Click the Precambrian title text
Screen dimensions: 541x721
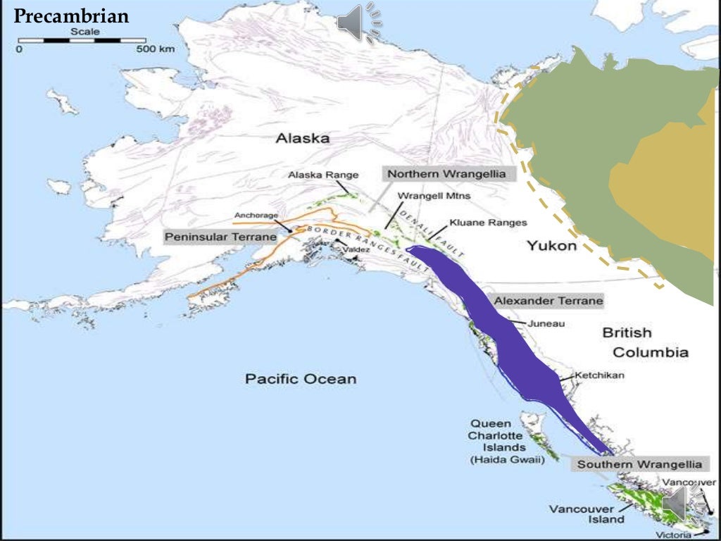72,15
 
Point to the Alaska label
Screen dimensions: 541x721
302,139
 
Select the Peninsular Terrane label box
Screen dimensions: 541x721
216,237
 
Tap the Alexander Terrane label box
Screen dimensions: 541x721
548,301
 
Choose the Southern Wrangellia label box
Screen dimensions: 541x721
639,464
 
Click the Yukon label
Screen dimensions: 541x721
551,246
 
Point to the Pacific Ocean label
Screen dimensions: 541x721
301,379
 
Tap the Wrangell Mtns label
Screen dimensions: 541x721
434,196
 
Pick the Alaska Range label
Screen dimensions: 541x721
323,175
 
